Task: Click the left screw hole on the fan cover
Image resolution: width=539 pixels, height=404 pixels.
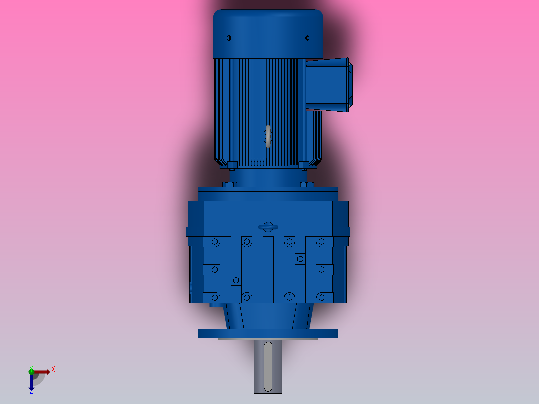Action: [x=229, y=38]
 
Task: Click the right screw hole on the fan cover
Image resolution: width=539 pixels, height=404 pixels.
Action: [x=307, y=38]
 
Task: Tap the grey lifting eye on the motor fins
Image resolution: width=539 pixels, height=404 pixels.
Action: [x=268, y=136]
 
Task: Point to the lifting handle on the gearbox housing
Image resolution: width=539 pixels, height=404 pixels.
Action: [x=268, y=227]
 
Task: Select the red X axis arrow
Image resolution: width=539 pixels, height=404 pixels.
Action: [x=42, y=372]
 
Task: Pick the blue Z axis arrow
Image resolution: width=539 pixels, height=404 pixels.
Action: [x=31, y=382]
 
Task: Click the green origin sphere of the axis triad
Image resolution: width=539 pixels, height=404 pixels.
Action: [x=31, y=371]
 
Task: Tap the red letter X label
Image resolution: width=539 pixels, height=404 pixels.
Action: [x=53, y=370]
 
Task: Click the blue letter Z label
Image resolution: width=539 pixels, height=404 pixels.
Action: [x=31, y=392]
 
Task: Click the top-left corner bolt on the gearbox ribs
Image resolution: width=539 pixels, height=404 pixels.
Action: [x=215, y=242]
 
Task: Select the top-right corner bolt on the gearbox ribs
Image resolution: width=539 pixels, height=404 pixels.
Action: [x=321, y=242]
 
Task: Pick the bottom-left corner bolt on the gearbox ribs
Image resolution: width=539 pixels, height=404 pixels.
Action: [x=215, y=297]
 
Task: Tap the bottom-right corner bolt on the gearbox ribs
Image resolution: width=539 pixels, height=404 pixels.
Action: [x=321, y=297]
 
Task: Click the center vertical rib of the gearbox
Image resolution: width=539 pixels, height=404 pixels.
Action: [x=268, y=270]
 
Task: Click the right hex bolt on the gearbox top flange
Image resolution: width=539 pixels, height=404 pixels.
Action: [x=307, y=185]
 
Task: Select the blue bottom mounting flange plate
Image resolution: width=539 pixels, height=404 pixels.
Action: [x=268, y=333]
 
